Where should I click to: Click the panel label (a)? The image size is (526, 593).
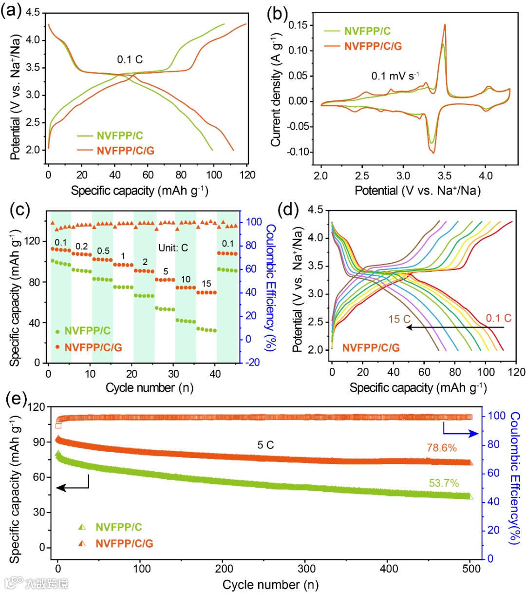[11, 11]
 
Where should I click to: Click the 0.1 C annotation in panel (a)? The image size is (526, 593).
[130, 59]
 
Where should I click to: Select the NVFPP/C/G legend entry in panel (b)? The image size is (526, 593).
[373, 46]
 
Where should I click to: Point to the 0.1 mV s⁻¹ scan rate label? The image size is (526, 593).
[395, 76]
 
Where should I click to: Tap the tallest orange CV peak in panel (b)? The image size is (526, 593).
[445, 25]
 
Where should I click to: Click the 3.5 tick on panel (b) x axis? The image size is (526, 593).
[445, 175]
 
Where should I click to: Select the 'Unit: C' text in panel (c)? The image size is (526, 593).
[173, 248]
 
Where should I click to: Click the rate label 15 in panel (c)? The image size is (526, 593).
[206, 284]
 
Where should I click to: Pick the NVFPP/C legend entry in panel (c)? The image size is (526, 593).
[87, 331]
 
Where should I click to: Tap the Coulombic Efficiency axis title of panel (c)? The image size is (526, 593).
[271, 287]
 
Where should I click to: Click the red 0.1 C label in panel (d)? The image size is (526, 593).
[498, 318]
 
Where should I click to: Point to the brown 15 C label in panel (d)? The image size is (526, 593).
[399, 319]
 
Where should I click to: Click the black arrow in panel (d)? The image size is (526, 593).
[455, 327]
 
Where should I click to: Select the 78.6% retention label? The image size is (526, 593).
[441, 448]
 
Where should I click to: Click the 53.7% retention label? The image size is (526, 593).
[444, 483]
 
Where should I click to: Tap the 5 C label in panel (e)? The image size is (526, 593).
[265, 445]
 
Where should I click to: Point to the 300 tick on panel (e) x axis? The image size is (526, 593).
[307, 568]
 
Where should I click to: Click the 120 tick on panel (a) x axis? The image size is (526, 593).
[247, 175]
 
